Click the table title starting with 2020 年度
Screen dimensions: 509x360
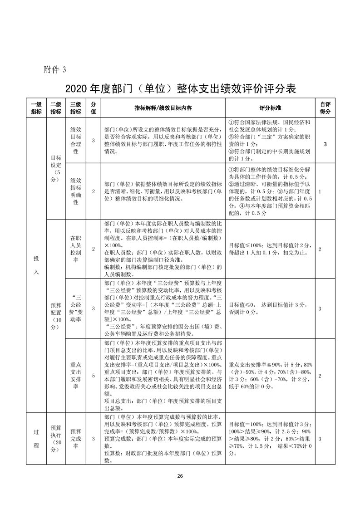(180, 88)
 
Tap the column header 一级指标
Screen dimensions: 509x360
(36, 108)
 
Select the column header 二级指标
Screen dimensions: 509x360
(56, 108)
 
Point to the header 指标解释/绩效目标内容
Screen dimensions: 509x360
(163, 108)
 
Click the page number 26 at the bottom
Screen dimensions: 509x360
(180, 476)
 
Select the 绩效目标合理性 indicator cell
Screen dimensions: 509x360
(76, 141)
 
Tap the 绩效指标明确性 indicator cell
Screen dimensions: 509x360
(76, 191)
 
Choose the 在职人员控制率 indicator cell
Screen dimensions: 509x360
(76, 249)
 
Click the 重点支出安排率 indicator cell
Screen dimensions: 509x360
(76, 376)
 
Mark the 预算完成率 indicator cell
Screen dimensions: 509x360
(76, 439)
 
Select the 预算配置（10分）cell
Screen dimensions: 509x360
(56, 316)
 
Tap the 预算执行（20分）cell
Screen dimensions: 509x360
(56, 439)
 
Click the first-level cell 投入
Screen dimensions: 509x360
(36, 265)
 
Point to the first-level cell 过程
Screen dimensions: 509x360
(36, 439)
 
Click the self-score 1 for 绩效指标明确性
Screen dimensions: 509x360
(320, 192)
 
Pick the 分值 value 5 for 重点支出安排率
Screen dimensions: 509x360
(94, 376)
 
